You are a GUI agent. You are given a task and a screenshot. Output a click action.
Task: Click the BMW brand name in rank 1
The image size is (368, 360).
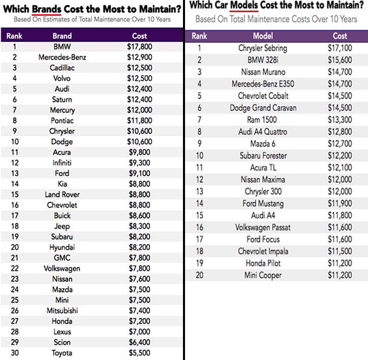(x=62, y=47)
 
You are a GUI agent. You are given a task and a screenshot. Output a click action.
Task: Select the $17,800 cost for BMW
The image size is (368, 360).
(x=140, y=47)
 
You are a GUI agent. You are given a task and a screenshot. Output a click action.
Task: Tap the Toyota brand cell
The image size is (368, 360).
(x=62, y=353)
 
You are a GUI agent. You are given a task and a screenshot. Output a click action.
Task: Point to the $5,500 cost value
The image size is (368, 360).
(x=139, y=353)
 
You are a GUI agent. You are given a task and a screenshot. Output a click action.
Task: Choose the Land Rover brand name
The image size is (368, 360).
(x=62, y=194)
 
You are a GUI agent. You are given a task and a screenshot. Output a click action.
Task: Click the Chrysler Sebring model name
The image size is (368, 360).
(x=263, y=48)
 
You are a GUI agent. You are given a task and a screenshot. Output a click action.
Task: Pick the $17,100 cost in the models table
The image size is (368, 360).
(x=340, y=48)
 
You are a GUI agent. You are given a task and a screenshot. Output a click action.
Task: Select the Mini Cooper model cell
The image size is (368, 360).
(x=263, y=275)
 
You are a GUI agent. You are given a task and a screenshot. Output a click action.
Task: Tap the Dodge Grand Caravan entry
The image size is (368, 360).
(x=263, y=108)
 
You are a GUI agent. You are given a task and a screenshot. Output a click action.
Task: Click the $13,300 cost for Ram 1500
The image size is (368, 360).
(x=340, y=120)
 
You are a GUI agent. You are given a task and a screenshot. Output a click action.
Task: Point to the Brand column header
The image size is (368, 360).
(x=62, y=36)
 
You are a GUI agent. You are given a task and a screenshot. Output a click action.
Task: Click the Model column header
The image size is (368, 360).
(x=263, y=36)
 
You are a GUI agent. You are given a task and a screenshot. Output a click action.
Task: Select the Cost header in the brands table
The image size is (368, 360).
(x=139, y=36)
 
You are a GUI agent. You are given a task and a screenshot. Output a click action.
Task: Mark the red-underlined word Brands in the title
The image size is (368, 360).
(x=46, y=9)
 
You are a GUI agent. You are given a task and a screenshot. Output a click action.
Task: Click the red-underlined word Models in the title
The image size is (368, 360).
(x=244, y=5)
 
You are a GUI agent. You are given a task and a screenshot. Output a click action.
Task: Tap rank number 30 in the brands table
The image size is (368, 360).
(x=15, y=353)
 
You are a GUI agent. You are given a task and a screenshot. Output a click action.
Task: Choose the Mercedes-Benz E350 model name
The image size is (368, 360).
(x=263, y=84)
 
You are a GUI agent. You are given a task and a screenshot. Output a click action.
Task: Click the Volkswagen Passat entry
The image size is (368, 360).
(x=263, y=227)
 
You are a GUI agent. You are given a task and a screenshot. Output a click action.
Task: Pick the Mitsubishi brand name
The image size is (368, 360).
(x=62, y=311)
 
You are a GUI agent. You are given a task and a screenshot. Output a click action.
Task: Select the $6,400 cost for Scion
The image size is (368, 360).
(x=139, y=342)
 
